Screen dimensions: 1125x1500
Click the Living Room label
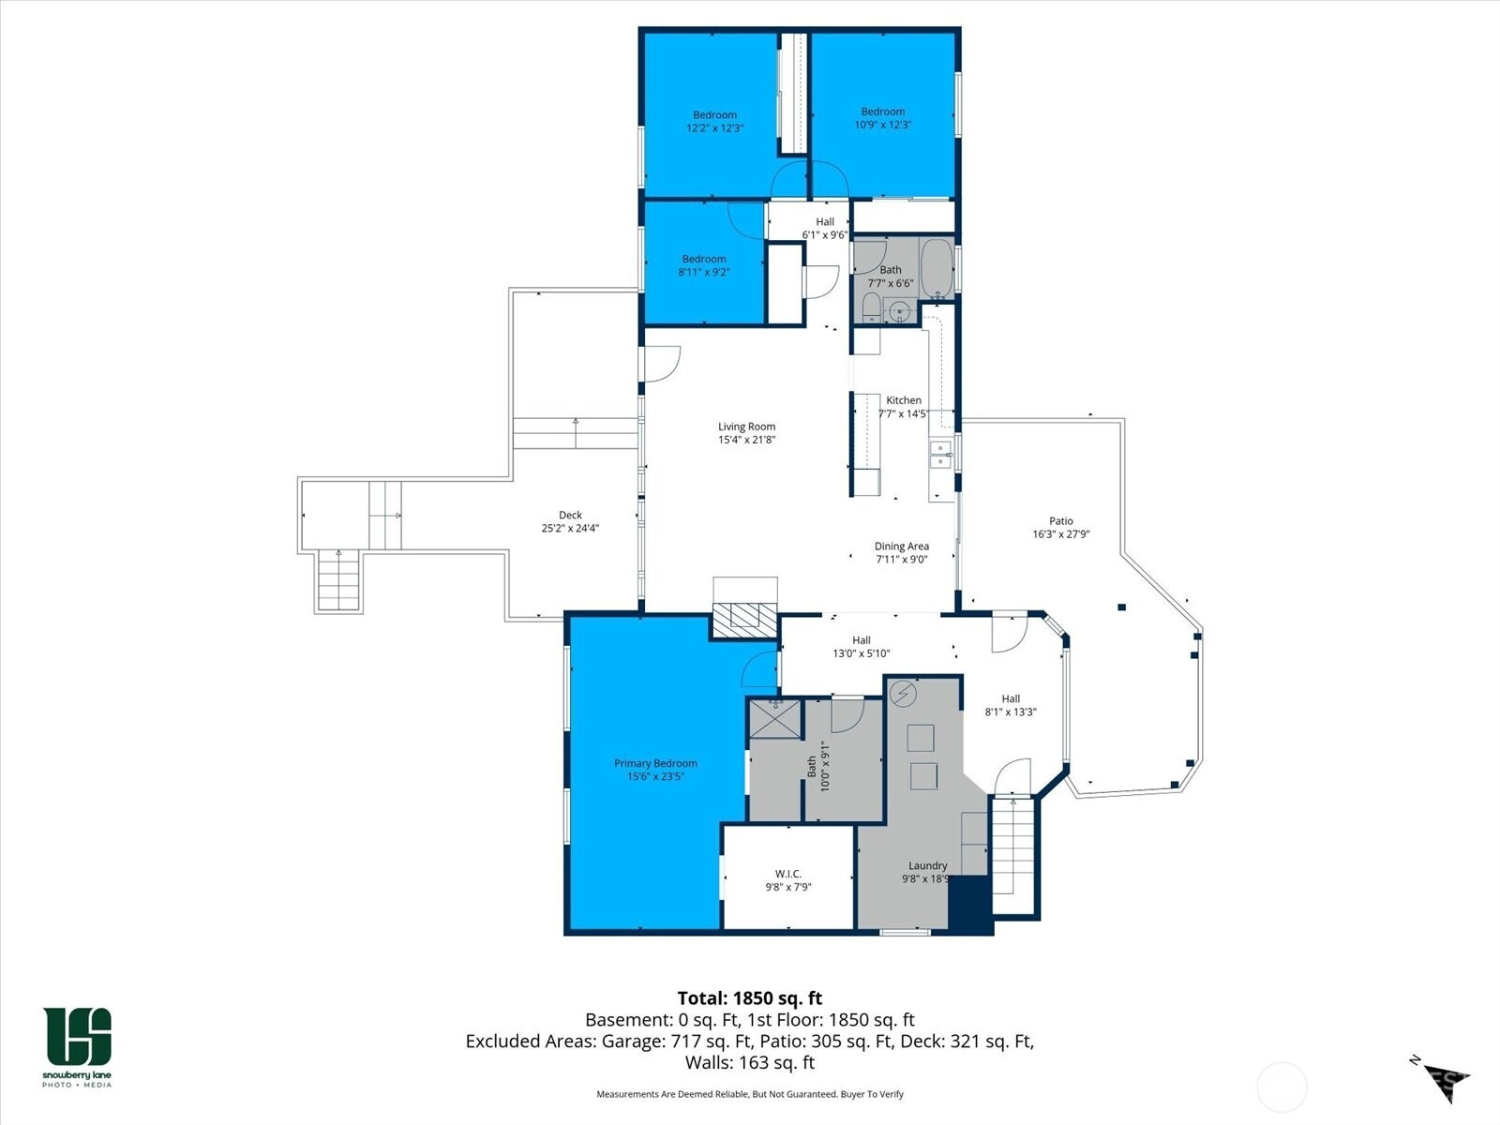746,427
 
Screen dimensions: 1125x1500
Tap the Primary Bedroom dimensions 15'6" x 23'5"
655,776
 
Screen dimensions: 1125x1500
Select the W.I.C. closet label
787,874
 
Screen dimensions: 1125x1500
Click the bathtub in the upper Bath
936,268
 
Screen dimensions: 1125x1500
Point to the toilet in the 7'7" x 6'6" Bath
871,307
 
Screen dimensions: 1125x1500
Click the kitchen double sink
939,455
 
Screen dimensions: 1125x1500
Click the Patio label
1060,521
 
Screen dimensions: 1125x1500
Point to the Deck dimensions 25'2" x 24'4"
570,528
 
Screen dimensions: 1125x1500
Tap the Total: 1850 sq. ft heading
749,997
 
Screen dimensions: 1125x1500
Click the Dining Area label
901,547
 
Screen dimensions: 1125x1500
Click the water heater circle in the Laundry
904,694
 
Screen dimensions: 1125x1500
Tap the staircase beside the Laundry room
1013,855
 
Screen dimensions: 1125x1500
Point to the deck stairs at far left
338,580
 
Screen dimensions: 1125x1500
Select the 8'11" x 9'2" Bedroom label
703,259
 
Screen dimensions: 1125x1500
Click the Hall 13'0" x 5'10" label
861,640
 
